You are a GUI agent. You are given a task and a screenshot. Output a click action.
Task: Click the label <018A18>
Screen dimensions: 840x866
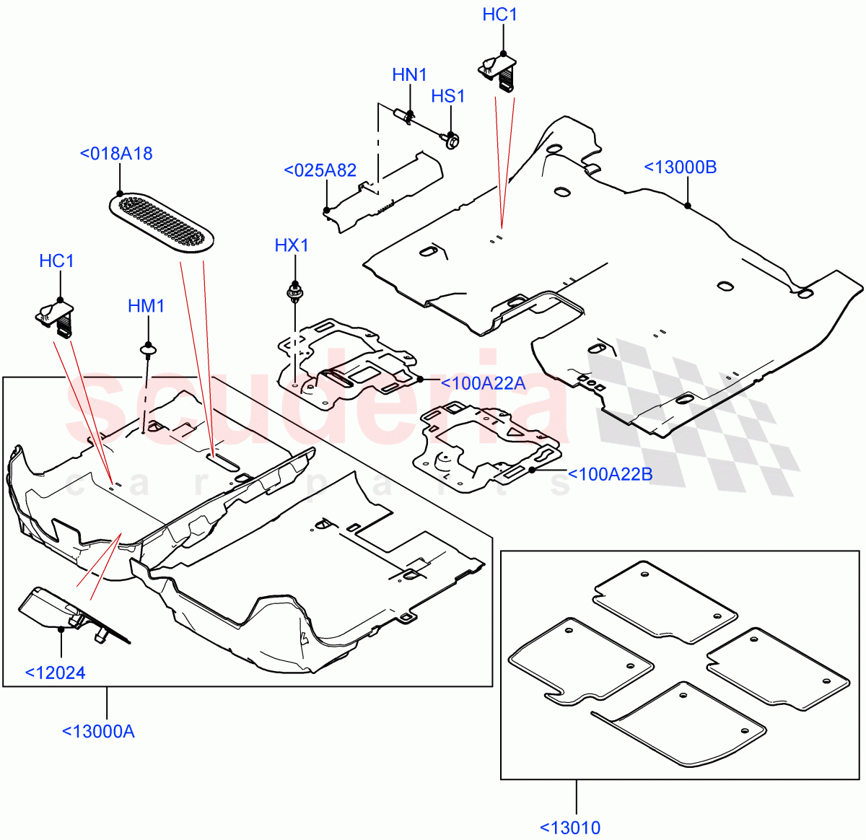pyautogui.click(x=116, y=154)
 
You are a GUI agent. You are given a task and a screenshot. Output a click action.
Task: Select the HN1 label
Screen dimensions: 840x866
pyautogui.click(x=410, y=75)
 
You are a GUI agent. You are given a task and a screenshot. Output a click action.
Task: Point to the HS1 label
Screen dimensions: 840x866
pyautogui.click(x=448, y=97)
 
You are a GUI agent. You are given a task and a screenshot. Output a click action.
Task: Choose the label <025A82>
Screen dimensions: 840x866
pyautogui.click(x=320, y=170)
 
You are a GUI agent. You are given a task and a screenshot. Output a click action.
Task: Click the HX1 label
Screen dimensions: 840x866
pyautogui.click(x=292, y=245)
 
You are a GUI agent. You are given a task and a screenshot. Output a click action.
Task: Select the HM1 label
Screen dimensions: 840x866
pyautogui.click(x=146, y=306)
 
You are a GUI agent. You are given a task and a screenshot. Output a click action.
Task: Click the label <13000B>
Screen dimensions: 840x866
pyautogui.click(x=681, y=167)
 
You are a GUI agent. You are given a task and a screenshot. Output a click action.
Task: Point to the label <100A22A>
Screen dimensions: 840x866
pyautogui.click(x=483, y=383)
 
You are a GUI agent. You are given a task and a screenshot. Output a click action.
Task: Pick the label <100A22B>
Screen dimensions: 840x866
pyautogui.click(x=611, y=474)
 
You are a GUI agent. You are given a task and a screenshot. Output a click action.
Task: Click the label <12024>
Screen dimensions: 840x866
pyautogui.click(x=56, y=673)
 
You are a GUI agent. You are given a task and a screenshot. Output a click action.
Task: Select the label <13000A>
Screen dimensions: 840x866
pyautogui.click(x=98, y=731)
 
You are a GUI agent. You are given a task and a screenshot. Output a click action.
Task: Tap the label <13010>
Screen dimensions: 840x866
pyautogui.click(x=570, y=827)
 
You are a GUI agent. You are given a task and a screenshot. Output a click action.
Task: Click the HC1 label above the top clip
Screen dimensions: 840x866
pyautogui.click(x=500, y=15)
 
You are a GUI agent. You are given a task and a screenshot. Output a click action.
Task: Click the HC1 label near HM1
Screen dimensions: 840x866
pyautogui.click(x=57, y=261)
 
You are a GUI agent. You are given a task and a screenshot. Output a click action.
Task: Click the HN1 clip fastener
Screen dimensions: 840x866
pyautogui.click(x=406, y=116)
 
